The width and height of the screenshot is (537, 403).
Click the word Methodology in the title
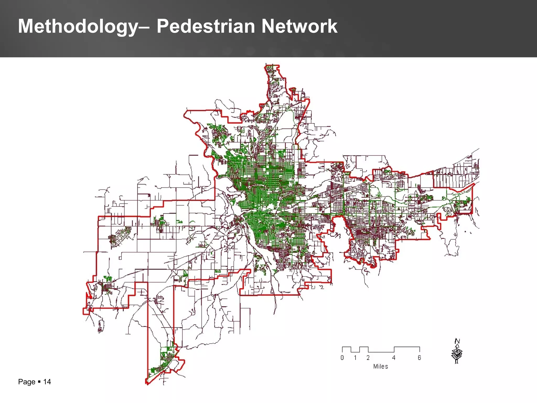pyautogui.click(x=78, y=27)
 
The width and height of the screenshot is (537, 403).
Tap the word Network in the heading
pyautogui.click(x=299, y=26)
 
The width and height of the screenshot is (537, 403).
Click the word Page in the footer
pyautogui.click(x=26, y=382)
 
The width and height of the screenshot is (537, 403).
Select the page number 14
pyautogui.click(x=47, y=382)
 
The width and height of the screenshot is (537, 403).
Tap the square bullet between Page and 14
pyautogui.click(x=39, y=381)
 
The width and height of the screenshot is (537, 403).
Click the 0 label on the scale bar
pyautogui.click(x=342, y=358)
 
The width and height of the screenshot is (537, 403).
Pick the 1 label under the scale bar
pyautogui.click(x=355, y=358)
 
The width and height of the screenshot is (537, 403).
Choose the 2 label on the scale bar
pyautogui.click(x=368, y=358)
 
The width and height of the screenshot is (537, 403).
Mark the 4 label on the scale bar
pyautogui.click(x=394, y=358)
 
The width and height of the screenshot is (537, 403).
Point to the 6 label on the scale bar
pyautogui.click(x=420, y=358)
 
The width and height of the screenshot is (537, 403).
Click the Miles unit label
pyautogui.click(x=380, y=367)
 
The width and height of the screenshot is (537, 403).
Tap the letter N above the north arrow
pyautogui.click(x=457, y=341)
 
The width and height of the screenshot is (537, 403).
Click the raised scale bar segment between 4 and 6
pyautogui.click(x=407, y=347)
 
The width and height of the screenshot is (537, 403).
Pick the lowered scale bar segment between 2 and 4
pyautogui.click(x=381, y=352)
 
